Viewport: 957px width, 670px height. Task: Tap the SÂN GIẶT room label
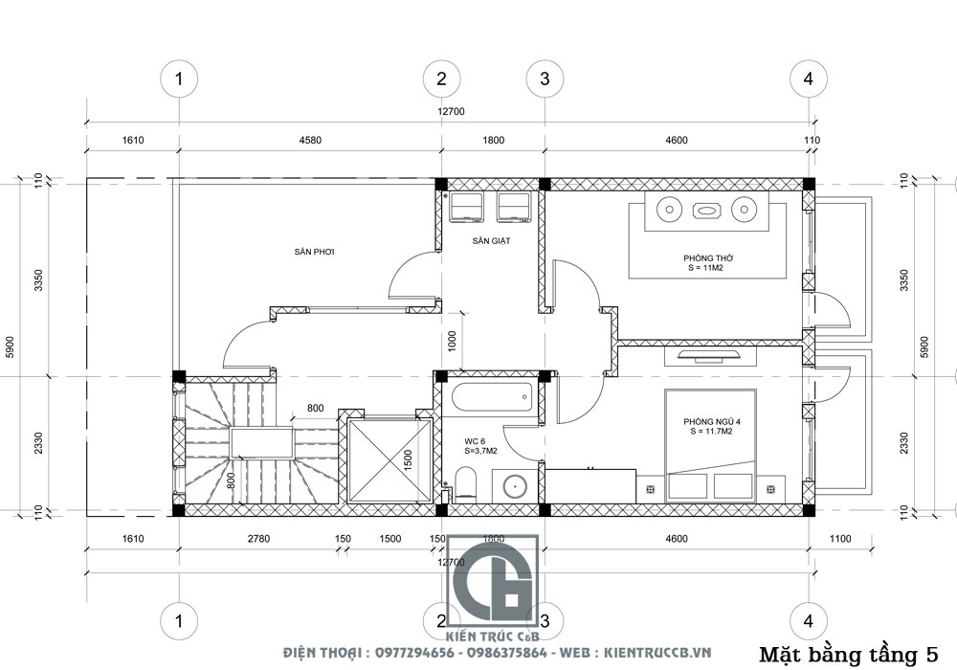(491, 242)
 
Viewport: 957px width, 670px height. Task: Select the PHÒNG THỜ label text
(707, 258)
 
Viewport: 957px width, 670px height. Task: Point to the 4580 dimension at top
(309, 141)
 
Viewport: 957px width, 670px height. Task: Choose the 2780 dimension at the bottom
(258, 539)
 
